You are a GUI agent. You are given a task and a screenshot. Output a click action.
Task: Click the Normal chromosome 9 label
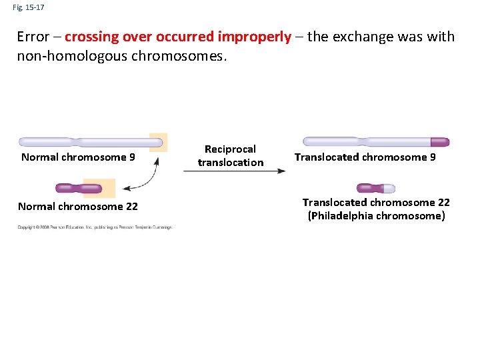pyautogui.click(x=79, y=157)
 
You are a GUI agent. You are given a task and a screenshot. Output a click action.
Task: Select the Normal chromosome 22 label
pyautogui.click(x=78, y=207)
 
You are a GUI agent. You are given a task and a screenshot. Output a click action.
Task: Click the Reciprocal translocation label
pyautogui.click(x=231, y=156)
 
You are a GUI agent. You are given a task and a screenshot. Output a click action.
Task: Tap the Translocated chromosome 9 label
pyautogui.click(x=365, y=157)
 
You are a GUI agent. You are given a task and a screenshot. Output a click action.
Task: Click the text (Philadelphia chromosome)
pyautogui.click(x=376, y=216)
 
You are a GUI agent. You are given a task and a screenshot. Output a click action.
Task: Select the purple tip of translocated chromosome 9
pyautogui.click(x=440, y=142)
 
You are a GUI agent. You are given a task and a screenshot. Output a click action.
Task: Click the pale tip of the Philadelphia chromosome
pyautogui.click(x=388, y=188)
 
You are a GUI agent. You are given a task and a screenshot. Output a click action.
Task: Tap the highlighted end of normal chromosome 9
pyautogui.click(x=158, y=142)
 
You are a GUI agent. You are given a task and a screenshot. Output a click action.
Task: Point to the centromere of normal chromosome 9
pyautogui.click(x=74, y=142)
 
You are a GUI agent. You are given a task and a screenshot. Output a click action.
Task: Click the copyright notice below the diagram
pyautogui.click(x=95, y=227)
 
